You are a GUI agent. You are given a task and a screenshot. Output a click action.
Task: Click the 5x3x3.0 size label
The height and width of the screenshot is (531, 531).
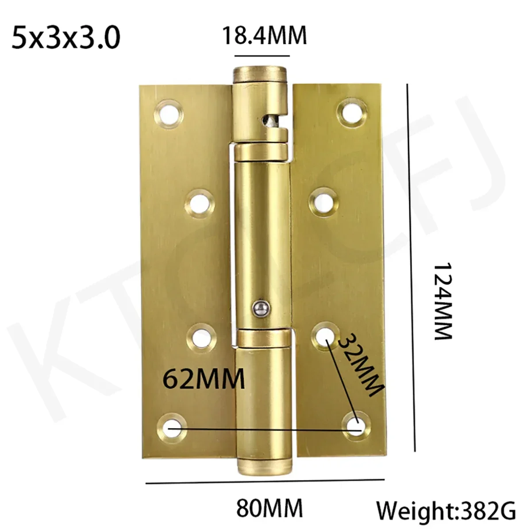coord(66,38)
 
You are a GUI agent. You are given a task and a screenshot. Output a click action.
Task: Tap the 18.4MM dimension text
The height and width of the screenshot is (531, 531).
coord(264,35)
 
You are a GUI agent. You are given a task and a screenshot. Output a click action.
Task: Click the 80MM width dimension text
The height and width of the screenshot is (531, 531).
coord(269,508)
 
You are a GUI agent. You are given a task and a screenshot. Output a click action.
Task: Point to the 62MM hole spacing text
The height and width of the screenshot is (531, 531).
coord(204,378)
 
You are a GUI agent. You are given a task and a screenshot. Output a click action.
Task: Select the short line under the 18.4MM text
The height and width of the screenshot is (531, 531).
coord(262,56)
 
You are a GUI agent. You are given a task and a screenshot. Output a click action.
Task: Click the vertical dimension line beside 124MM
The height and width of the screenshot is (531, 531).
coord(411,265)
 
